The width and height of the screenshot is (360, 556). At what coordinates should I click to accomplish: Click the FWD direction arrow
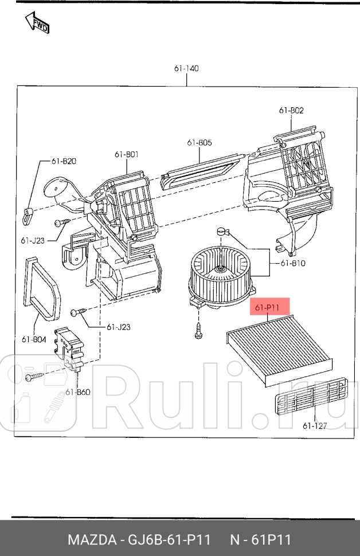click(x=37, y=22)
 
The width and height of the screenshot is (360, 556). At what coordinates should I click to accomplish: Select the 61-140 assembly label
click(x=186, y=68)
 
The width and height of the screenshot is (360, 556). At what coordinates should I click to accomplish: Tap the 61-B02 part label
click(x=291, y=110)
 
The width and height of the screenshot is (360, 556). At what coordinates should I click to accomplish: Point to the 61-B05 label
click(x=199, y=143)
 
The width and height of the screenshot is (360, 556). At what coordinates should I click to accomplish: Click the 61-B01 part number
click(x=127, y=154)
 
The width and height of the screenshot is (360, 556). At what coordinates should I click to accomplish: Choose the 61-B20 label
click(x=64, y=161)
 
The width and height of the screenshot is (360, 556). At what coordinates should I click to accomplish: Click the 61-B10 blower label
click(x=292, y=263)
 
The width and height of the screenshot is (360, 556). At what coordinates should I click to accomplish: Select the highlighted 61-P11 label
click(x=267, y=307)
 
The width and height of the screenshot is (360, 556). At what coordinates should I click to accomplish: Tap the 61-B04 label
click(x=34, y=339)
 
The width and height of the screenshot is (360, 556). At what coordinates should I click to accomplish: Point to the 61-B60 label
click(x=78, y=392)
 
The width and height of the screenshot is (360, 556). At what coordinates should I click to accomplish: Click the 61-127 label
click(x=315, y=425)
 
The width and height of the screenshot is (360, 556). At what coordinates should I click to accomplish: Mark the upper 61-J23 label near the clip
click(x=33, y=240)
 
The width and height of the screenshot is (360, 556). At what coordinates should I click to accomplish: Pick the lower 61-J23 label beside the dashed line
click(x=119, y=327)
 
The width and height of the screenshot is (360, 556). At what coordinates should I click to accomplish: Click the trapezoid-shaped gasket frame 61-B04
click(x=42, y=287)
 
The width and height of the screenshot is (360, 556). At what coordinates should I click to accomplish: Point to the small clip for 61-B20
click(x=28, y=216)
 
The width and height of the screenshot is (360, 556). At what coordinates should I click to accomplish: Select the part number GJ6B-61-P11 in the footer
click(x=169, y=540)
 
